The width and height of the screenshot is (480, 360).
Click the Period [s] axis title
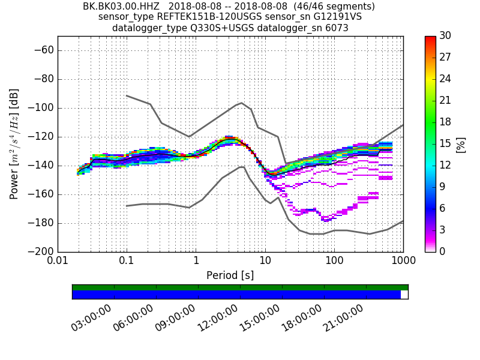230,275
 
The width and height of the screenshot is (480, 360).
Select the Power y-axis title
14,144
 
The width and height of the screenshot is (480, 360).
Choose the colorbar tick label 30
445,36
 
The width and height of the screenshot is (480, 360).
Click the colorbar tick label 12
445,165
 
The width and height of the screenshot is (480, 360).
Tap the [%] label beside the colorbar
461,144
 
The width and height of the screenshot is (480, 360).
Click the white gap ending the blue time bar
404,295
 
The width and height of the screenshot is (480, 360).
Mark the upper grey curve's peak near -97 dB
241,103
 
